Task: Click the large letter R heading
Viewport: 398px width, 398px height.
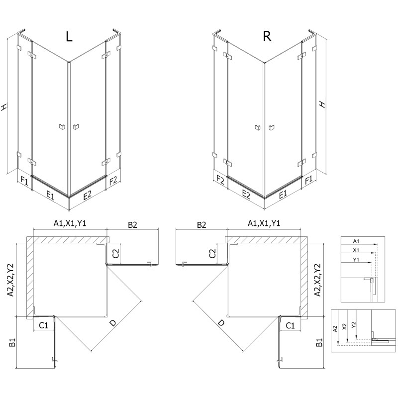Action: pos(267,37)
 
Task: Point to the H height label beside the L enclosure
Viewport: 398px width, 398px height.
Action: pos(4,106)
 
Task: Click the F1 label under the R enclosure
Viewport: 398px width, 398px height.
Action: pos(308,179)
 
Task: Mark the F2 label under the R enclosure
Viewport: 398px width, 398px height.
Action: pos(220,179)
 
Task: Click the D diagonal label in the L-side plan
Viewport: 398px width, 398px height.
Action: pos(113,323)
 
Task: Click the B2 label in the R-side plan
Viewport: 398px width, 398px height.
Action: pos(201,225)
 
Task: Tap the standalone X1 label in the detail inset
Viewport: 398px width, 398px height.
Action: pos(355,250)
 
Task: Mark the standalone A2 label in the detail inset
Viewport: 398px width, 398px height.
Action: pos(336,328)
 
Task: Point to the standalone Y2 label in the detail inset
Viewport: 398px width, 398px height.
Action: pos(353,325)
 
